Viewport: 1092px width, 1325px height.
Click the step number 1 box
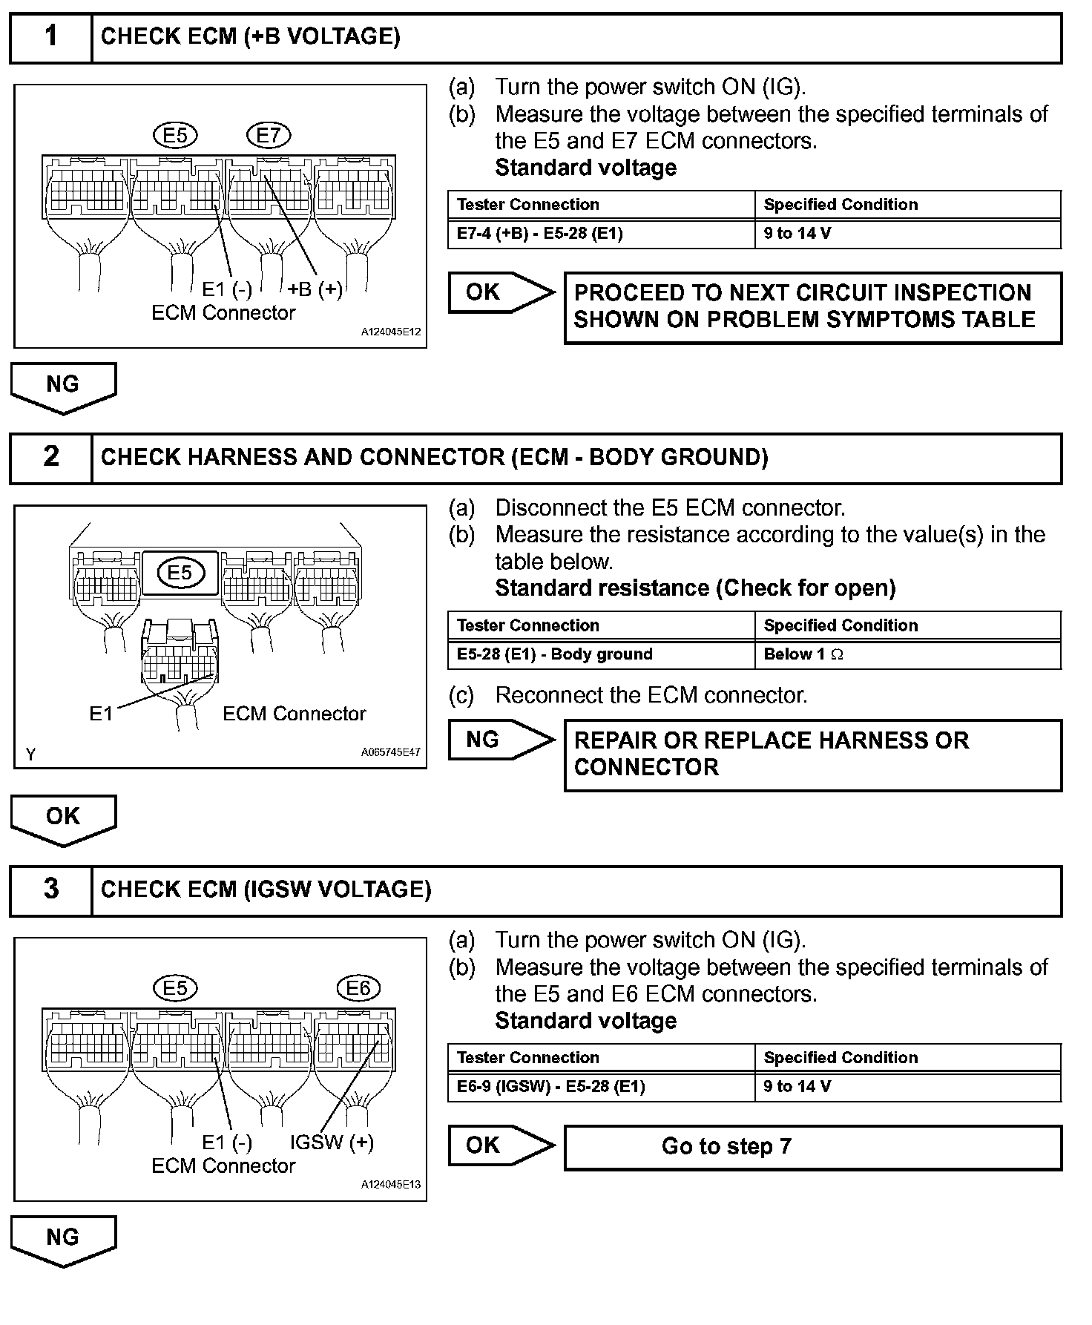(50, 37)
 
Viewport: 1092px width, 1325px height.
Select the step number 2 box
(50, 457)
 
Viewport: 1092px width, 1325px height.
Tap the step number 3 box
(50, 890)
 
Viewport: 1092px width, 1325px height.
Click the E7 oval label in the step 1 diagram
(268, 136)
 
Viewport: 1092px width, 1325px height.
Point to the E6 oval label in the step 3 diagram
(358, 988)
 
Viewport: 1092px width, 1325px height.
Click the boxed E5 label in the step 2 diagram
(180, 573)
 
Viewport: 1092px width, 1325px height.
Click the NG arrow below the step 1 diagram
(63, 387)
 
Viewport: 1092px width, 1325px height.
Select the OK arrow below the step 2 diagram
(63, 819)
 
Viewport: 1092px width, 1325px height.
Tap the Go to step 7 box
(812, 1147)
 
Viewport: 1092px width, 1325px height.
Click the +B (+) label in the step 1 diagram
(315, 289)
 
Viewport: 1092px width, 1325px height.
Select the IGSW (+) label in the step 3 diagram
(331, 1142)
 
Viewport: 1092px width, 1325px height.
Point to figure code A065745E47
(390, 752)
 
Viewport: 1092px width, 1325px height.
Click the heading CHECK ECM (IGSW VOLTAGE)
(266, 890)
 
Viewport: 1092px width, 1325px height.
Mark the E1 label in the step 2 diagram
(101, 714)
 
